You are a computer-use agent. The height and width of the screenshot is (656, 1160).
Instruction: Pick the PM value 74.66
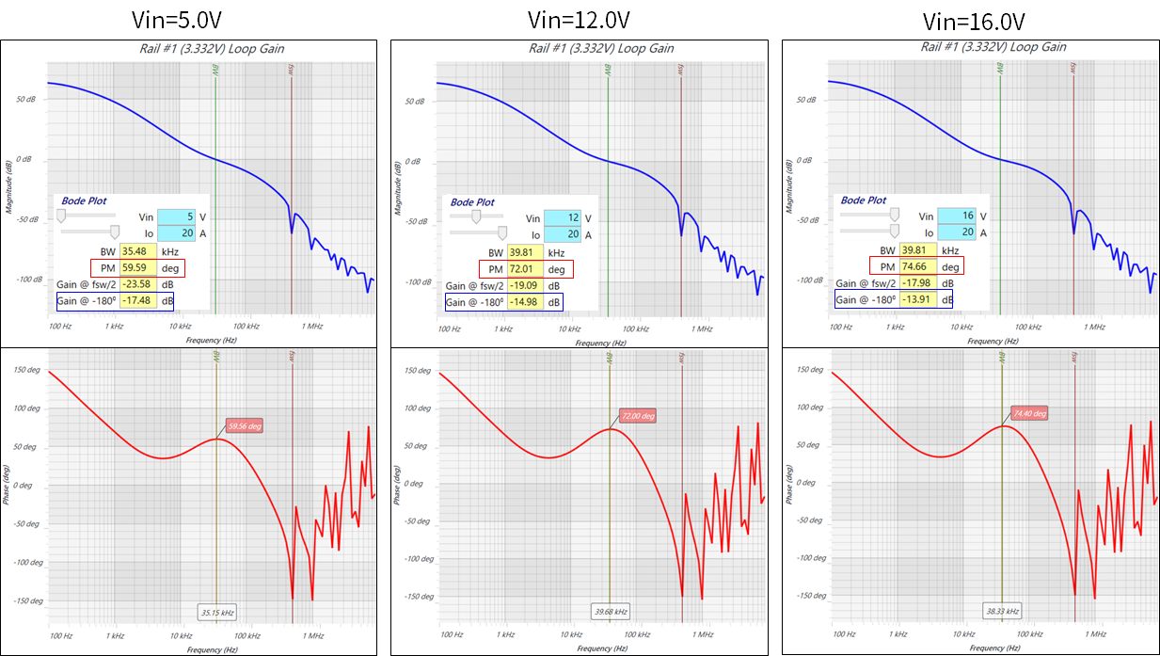pos(915,267)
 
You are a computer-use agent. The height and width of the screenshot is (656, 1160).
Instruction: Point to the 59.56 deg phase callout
pos(244,426)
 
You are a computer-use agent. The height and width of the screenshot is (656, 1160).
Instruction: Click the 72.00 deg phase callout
pos(637,416)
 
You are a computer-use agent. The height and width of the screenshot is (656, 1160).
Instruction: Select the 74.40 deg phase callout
pos(1028,413)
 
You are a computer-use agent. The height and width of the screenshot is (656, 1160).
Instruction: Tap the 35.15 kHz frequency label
pos(216,613)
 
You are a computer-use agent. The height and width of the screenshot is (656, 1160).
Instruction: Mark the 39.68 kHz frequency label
pos(610,612)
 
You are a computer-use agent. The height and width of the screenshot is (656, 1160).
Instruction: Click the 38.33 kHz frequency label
pos(1001,610)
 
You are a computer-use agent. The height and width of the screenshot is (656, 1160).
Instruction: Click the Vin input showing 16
pos(953,216)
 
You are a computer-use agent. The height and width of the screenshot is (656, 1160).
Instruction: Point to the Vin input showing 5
pos(174,217)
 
